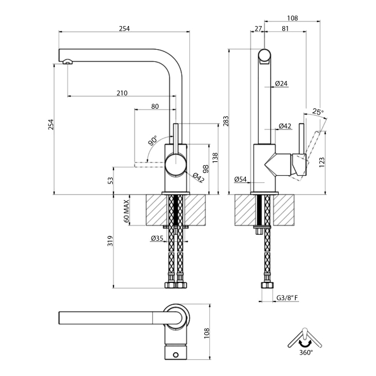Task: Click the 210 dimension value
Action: tap(121, 93)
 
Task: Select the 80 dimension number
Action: tap(154, 106)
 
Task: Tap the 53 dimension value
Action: tap(110, 180)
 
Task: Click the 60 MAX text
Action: tap(126, 211)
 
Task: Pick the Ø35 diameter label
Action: tap(156, 238)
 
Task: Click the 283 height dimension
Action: tap(226, 121)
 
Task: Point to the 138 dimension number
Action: tap(215, 157)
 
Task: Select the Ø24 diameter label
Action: tap(282, 84)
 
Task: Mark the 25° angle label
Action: tap(318, 112)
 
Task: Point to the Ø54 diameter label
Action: tap(241, 179)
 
